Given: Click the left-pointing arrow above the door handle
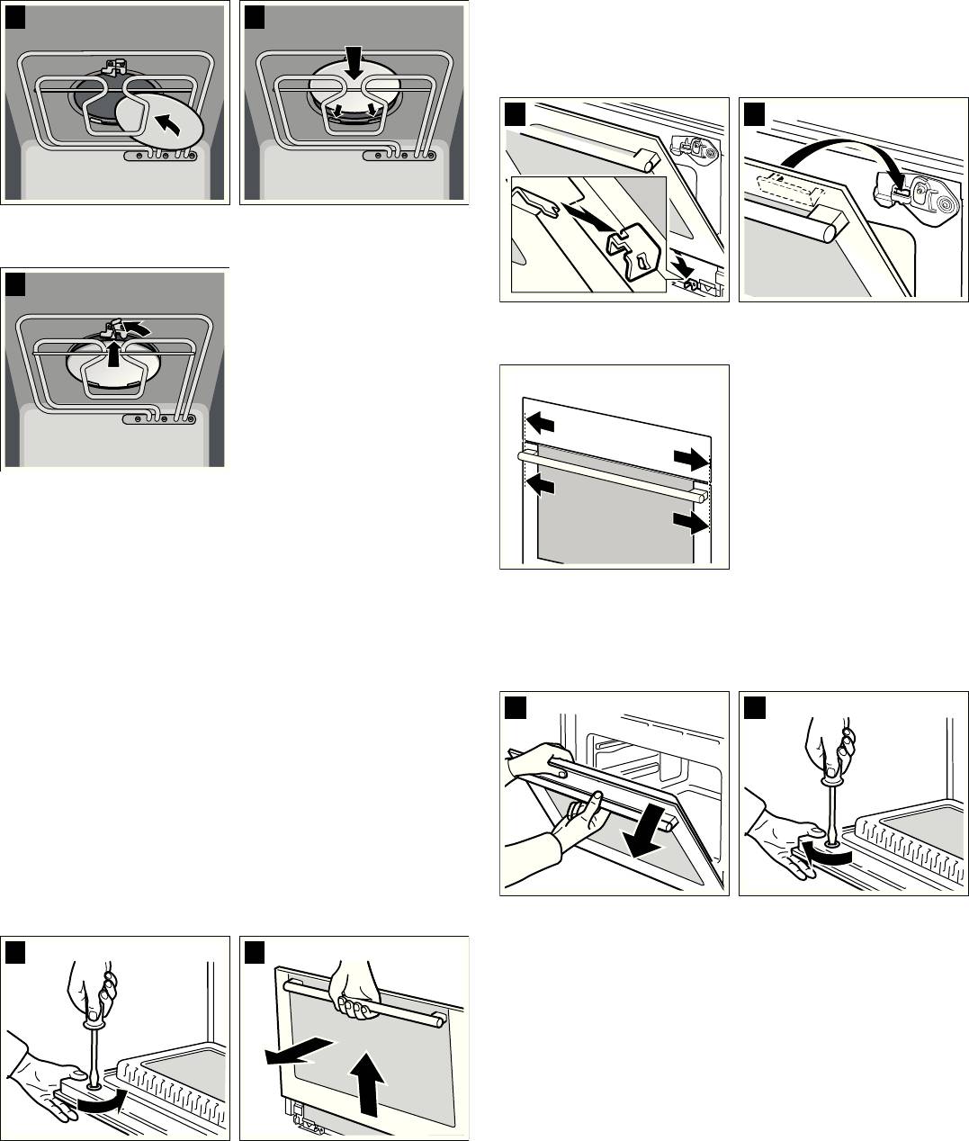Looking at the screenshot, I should pos(542,422).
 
